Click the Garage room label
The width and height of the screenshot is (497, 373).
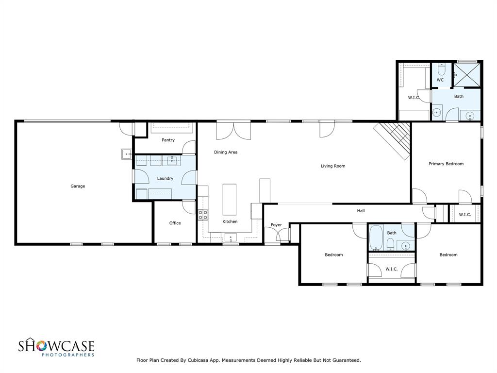pos(78,186)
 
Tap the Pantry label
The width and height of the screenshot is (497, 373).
pos(168,140)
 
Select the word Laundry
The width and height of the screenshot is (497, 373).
pos(165,179)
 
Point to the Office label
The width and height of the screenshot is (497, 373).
pos(175,223)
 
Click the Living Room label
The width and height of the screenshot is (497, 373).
pos(333,166)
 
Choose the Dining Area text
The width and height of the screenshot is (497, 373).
pos(226,153)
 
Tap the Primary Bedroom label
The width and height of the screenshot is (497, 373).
pos(446,164)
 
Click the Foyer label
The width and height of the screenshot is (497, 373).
pos(276,225)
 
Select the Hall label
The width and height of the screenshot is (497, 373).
pos(361,211)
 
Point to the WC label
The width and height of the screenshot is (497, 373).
pos(440,80)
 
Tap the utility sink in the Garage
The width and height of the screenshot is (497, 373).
pos(127,154)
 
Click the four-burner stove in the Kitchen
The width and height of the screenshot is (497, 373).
pos(203,215)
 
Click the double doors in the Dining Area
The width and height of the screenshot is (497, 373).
pos(233,131)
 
